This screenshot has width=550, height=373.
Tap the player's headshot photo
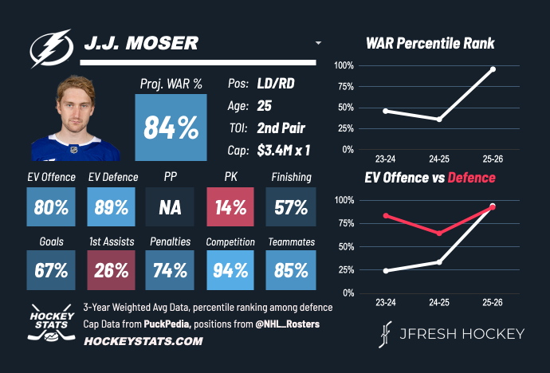click(76, 120)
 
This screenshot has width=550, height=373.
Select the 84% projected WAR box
click(171, 128)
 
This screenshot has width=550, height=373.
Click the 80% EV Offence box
click(51, 207)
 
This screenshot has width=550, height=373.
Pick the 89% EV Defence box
click(111, 207)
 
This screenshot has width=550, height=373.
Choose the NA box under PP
click(171, 207)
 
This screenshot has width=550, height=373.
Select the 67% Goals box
click(51, 270)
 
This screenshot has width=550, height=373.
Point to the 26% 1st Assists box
click(111, 270)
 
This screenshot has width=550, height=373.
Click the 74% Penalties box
click(171, 270)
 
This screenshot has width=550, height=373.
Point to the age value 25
click(265, 105)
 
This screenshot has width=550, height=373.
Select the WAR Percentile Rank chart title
click(430, 43)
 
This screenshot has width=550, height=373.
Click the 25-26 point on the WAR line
click(493, 69)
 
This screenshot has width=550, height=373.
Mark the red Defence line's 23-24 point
click(386, 216)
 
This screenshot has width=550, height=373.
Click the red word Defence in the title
click(470, 177)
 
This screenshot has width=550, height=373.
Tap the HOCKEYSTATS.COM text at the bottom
click(132, 341)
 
